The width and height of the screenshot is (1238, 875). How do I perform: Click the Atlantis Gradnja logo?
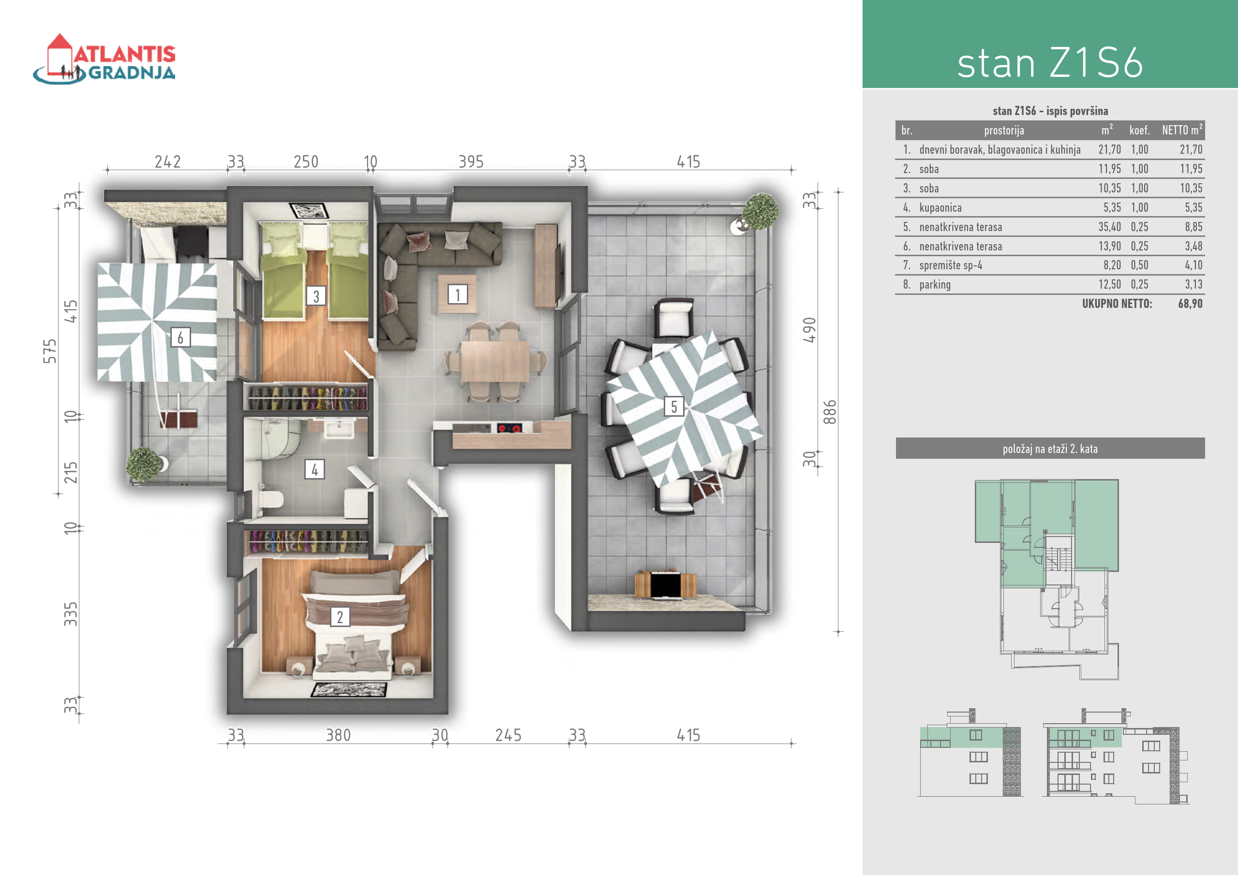[x=104, y=59]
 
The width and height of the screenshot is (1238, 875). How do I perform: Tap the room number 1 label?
[x=458, y=294]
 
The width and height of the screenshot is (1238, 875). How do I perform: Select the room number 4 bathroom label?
[x=314, y=469]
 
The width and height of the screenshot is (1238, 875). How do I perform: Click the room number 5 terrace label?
[x=674, y=406]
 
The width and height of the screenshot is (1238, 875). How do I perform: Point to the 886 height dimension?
[x=830, y=412]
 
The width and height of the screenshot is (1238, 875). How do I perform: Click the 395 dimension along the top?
[x=471, y=161]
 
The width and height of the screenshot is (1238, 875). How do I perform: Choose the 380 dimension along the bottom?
[x=338, y=735]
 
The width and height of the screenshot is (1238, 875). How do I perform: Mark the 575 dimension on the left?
[x=50, y=351]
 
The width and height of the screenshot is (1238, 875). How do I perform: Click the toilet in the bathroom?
[x=270, y=499]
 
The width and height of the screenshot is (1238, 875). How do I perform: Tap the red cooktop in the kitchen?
[x=509, y=428]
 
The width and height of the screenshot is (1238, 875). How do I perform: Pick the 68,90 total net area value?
[x=1191, y=303]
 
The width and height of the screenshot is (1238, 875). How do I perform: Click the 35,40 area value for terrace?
[x=1110, y=227]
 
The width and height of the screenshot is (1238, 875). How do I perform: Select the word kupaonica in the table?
[x=940, y=207]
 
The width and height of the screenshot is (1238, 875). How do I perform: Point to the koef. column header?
[x=1139, y=130]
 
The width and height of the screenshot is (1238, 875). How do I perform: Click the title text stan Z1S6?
[x=1050, y=63]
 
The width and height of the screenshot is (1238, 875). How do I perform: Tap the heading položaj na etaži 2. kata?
[x=1050, y=449]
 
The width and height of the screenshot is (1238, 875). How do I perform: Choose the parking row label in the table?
[x=935, y=284]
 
